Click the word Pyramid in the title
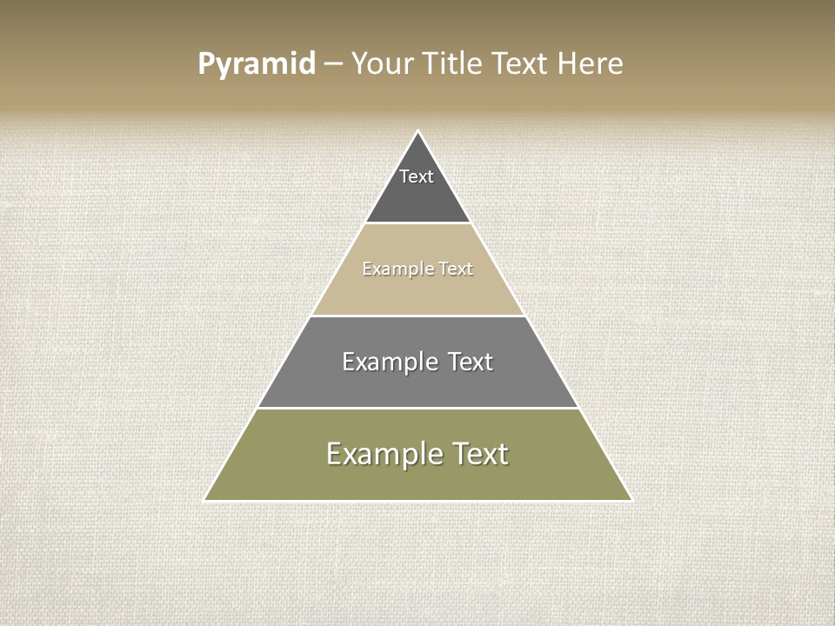tap(257, 64)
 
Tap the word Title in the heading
tap(451, 63)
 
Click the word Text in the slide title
tap(521, 63)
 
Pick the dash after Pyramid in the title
tap(333, 64)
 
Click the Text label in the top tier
tap(417, 176)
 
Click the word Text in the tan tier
tap(456, 269)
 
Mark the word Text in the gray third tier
tap(471, 362)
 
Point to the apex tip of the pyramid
tap(418, 132)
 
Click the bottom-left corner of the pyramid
tap(206, 500)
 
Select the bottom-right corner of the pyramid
tap(630, 500)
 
